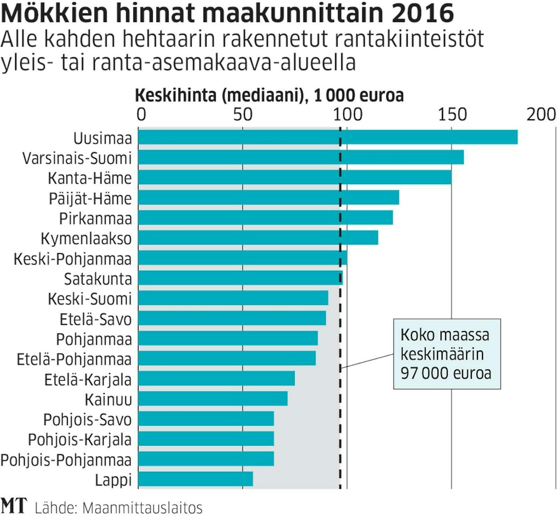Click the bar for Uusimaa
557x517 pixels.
[x=327, y=137]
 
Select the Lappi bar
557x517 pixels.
[x=195, y=479]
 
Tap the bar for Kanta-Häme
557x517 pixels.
[x=294, y=177]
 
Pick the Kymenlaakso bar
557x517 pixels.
[x=258, y=237]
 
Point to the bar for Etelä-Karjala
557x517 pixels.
[x=216, y=378]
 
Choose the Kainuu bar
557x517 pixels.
[x=212, y=399]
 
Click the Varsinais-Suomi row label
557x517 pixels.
[x=77, y=158]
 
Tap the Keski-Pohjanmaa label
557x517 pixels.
[x=72, y=259]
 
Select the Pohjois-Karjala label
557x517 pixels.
[x=80, y=439]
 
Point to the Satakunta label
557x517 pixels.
[x=98, y=279]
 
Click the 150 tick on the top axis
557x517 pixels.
[x=452, y=115]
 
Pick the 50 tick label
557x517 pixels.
[x=243, y=115]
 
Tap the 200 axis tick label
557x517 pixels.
[x=541, y=115]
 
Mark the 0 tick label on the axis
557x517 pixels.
[x=141, y=115]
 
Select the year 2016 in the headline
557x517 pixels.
[x=423, y=13]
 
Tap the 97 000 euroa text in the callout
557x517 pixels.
[x=446, y=373]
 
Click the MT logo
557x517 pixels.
[x=13, y=506]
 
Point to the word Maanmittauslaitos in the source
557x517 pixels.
[x=142, y=508]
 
